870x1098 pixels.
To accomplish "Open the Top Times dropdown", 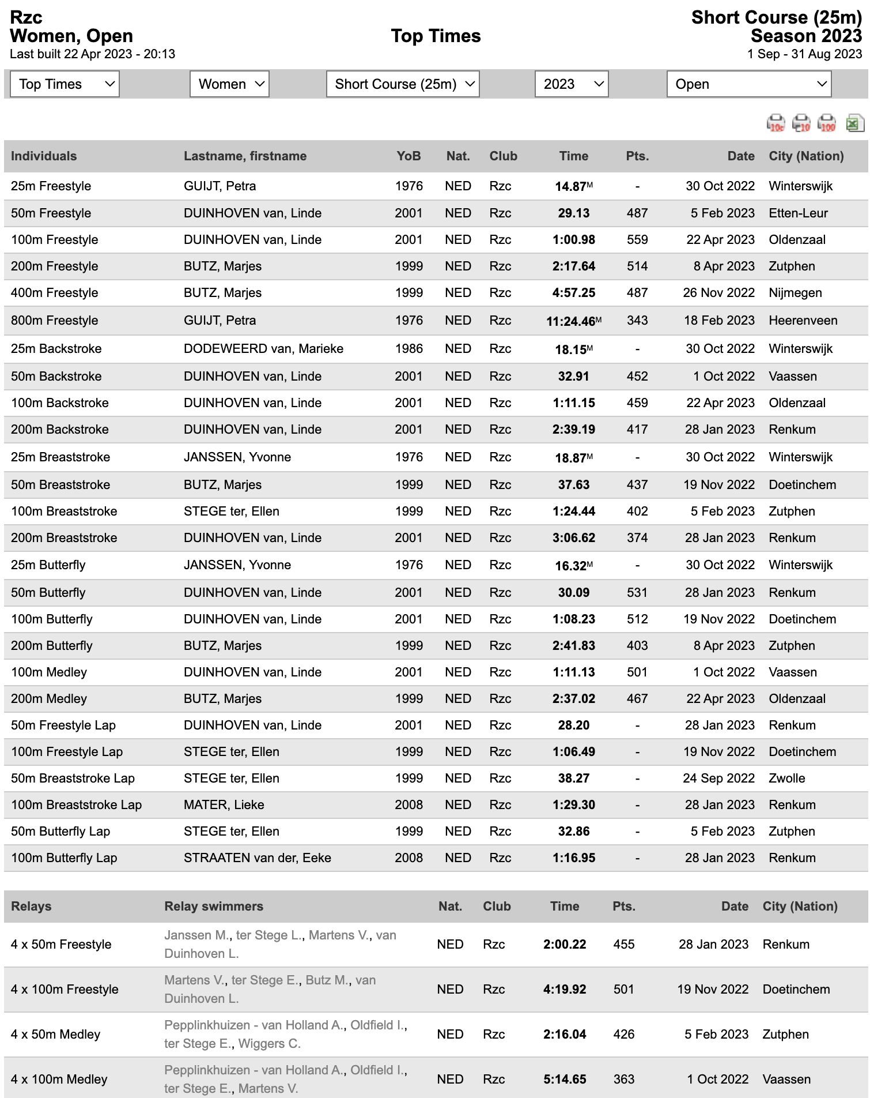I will coord(65,84).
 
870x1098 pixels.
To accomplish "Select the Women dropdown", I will coord(229,84).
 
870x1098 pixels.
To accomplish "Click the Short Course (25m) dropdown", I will coord(403,84).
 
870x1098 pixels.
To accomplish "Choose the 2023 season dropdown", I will coord(572,84).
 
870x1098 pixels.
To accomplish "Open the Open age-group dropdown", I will coord(749,84).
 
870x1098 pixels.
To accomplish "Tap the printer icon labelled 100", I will coord(827,123).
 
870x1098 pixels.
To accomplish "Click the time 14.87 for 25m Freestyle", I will coord(571,186).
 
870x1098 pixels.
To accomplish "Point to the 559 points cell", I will coord(637,240).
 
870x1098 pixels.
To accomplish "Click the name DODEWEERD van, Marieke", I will coord(263,349).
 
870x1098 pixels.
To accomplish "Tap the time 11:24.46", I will coord(571,321).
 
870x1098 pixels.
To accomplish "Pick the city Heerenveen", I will coord(803,321).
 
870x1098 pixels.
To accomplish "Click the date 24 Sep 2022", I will coord(718,779).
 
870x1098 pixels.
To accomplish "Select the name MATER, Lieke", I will coord(224,805).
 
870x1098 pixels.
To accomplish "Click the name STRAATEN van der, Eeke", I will coord(258,858).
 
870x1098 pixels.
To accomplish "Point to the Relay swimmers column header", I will coord(214,906).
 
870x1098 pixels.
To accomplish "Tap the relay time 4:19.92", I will coord(565,990).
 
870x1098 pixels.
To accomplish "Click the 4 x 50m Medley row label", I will coord(56,1035).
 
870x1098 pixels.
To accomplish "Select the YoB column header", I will coord(408,156).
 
